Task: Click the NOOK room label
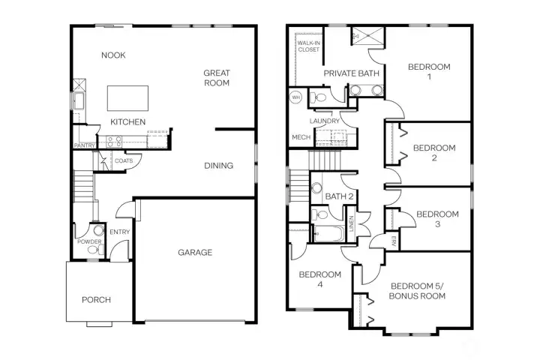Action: click(x=113, y=55)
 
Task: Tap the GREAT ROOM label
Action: click(x=216, y=78)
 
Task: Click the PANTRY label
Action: click(x=83, y=145)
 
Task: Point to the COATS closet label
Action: click(x=124, y=160)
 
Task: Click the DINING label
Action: click(x=218, y=166)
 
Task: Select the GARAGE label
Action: click(x=194, y=253)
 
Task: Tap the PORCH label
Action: click(x=96, y=300)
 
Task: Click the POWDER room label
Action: click(x=88, y=241)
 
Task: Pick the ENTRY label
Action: click(x=120, y=232)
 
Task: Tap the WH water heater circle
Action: click(x=295, y=97)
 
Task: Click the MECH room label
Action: click(x=301, y=137)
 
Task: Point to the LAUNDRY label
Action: click(x=325, y=121)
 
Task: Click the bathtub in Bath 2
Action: click(x=327, y=234)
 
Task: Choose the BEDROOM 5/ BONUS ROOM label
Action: click(x=418, y=290)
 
